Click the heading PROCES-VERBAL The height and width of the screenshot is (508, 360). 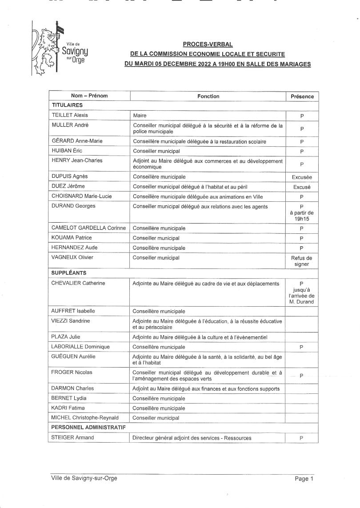tap(208, 44)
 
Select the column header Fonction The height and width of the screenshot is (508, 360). tap(208, 96)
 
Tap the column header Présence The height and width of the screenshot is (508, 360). tap(302, 96)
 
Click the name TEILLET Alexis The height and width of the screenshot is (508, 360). tap(70, 116)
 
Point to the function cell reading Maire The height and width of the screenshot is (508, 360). tap(140, 116)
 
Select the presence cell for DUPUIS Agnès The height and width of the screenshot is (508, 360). tap(302, 177)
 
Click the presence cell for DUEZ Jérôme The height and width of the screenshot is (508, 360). tap(302, 187)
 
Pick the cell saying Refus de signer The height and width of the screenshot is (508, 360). tap(302, 261)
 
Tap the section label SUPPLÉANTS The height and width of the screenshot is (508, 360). tap(69, 272)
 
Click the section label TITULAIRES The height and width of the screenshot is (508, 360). tap(67, 105)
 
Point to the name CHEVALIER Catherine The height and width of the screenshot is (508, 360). tap(78, 283)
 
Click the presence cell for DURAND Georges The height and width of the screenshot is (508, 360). tap(302, 212)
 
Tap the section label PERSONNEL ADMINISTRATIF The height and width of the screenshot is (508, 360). tap(88, 428)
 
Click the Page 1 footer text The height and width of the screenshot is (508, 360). tap(304, 479)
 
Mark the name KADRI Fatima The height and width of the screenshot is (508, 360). tap(68, 408)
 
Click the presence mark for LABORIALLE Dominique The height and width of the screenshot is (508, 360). tap(302, 347)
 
